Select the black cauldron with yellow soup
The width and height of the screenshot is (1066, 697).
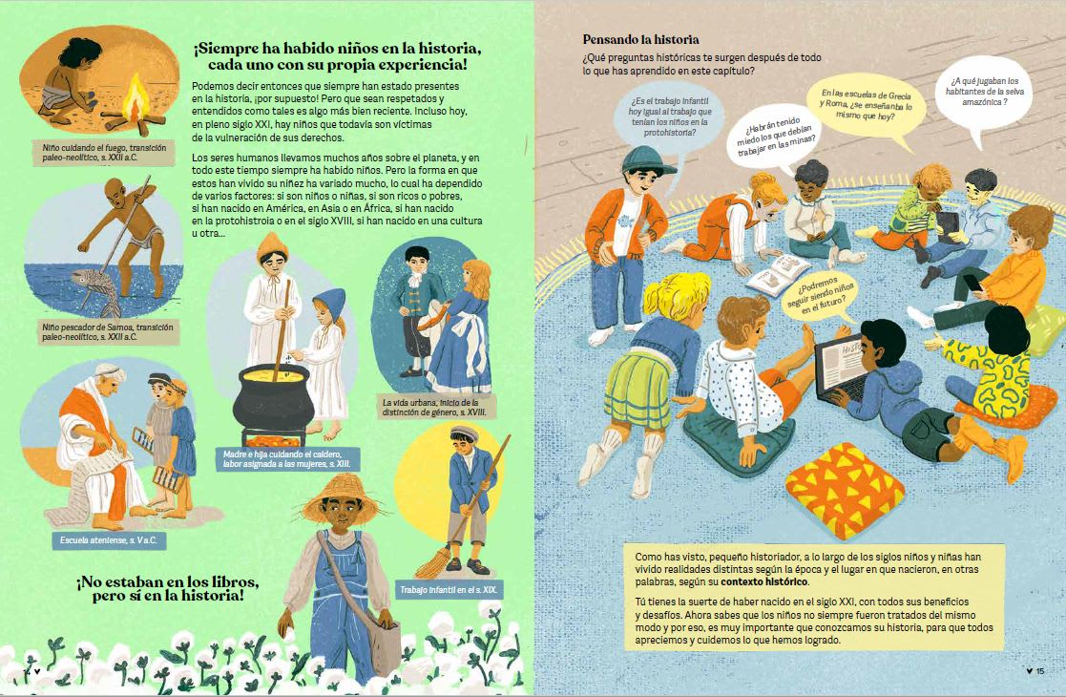[273, 395]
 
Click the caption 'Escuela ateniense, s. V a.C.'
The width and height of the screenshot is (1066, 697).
[108, 540]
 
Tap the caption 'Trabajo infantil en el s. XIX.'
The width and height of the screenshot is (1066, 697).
[449, 589]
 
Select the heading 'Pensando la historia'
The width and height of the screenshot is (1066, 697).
[640, 39]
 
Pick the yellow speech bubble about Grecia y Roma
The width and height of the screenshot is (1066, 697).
[867, 105]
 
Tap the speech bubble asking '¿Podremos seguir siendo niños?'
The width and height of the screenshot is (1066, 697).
[821, 297]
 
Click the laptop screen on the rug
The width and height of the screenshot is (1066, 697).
[840, 365]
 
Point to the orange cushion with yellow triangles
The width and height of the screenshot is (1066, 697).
[845, 489]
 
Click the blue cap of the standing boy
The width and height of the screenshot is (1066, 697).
[645, 160]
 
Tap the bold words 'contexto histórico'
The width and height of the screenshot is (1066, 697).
[764, 582]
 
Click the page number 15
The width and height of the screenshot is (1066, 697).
[1039, 671]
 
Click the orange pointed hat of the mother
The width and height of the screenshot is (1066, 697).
[272, 246]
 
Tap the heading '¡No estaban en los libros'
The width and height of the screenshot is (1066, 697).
[168, 581]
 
